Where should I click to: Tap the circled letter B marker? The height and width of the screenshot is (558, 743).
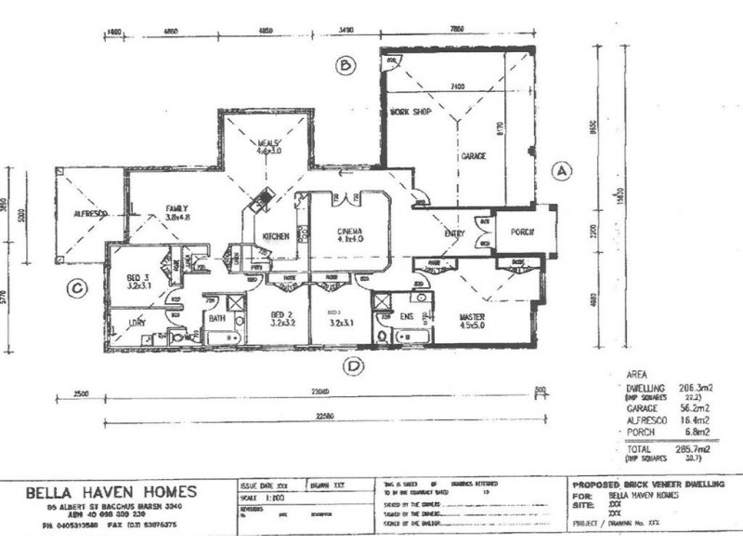pyautogui.click(x=345, y=65)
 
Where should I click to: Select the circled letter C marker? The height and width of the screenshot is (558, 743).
pyautogui.click(x=78, y=288)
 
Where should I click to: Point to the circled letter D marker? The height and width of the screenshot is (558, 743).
pyautogui.click(x=352, y=365)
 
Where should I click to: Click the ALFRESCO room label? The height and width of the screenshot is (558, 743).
pyautogui.click(x=91, y=214)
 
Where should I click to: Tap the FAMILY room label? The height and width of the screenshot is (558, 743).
pyautogui.click(x=177, y=207)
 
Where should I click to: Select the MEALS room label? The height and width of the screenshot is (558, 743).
pyautogui.click(x=268, y=142)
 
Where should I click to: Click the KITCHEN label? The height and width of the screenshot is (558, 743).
pyautogui.click(x=276, y=237)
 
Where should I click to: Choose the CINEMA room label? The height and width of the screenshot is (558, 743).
pyautogui.click(x=348, y=230)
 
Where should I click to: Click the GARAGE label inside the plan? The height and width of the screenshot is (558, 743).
pyautogui.click(x=474, y=156)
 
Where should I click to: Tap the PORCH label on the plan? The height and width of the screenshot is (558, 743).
pyautogui.click(x=521, y=232)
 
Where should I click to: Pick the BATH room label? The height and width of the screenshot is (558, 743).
pyautogui.click(x=215, y=318)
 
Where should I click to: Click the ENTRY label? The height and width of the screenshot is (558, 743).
pyautogui.click(x=454, y=233)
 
